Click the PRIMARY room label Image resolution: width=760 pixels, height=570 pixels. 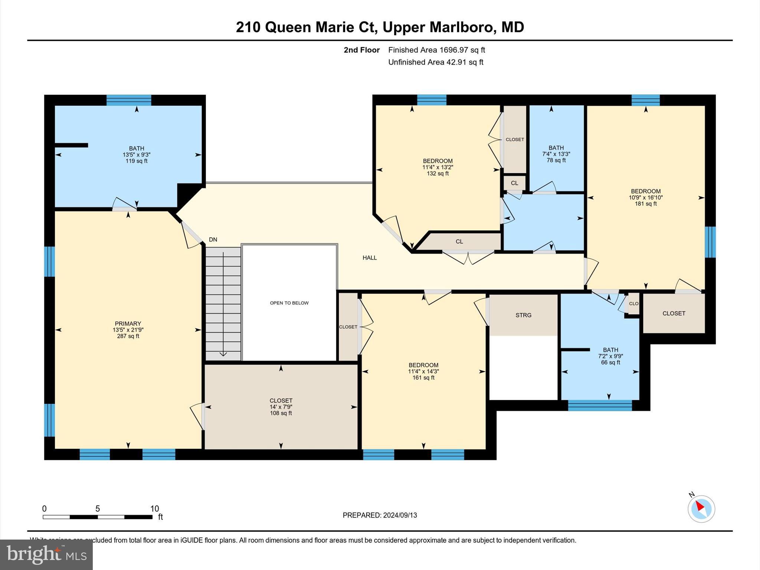(x=128, y=324)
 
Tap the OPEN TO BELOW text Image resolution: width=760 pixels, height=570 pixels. (x=289, y=303)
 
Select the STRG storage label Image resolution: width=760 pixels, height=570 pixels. (x=523, y=315)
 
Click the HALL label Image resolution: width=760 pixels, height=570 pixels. (x=370, y=258)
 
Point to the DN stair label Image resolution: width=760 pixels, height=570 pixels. (x=213, y=240)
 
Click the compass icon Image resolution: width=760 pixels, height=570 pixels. (x=701, y=509)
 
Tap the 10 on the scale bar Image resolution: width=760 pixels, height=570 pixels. (x=154, y=508)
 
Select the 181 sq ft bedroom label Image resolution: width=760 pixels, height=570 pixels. (x=645, y=204)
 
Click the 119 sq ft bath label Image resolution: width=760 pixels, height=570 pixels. (x=137, y=161)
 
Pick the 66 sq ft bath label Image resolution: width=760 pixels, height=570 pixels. (x=610, y=362)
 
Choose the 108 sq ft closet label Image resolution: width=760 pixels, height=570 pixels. (x=281, y=413)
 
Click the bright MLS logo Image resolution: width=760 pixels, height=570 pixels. (x=46, y=555)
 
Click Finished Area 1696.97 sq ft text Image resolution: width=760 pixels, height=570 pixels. (x=436, y=50)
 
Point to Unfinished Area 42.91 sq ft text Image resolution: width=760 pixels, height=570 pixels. (x=436, y=62)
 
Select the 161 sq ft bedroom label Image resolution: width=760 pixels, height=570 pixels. (x=423, y=378)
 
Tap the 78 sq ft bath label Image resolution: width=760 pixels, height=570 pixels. (x=556, y=160)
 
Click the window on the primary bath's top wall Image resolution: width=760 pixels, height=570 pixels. (x=129, y=100)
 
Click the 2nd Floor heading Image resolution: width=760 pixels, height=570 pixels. (x=361, y=50)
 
